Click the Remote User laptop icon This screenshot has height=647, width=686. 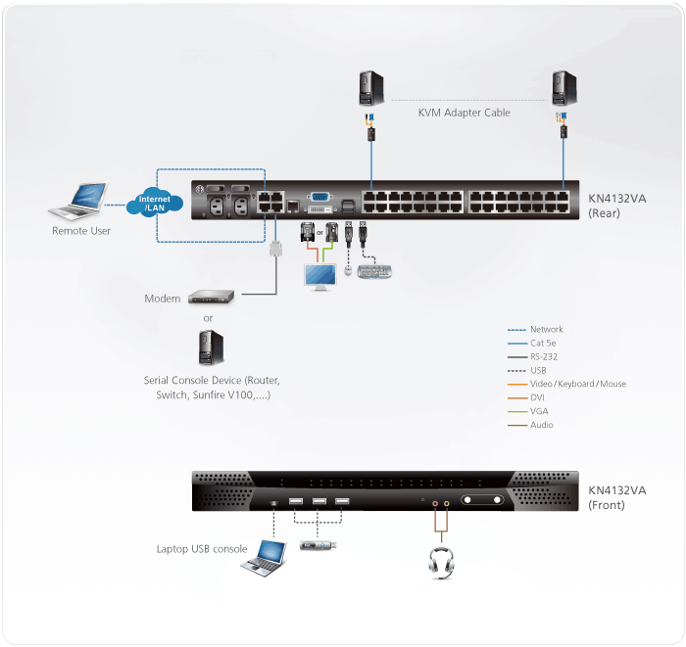[78, 203]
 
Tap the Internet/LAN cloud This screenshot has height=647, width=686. [154, 204]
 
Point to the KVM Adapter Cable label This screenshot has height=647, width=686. [464, 114]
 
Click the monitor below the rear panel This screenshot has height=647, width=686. [319, 275]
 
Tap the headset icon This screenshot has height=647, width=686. [440, 562]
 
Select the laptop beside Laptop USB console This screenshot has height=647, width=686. [268, 557]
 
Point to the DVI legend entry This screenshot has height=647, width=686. [541, 398]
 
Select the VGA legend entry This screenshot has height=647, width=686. [542, 412]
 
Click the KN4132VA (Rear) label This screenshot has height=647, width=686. [616, 204]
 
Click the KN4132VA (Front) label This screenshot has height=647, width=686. [616, 497]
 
